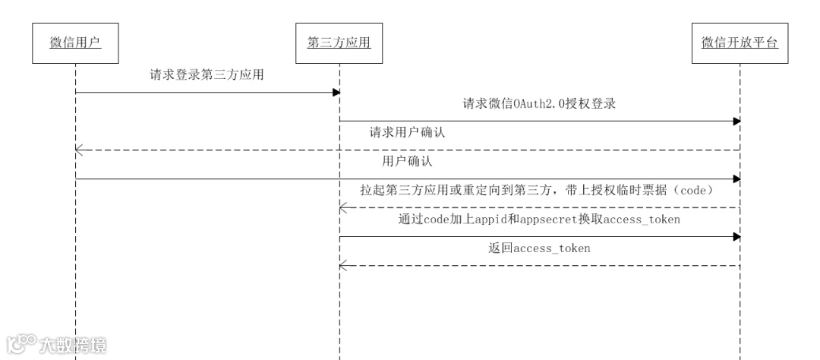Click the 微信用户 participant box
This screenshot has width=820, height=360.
click(76, 43)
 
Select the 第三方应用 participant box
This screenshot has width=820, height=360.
click(339, 43)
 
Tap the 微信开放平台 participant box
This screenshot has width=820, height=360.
click(740, 43)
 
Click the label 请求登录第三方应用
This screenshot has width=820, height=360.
click(207, 75)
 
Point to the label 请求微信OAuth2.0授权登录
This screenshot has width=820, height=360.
click(538, 104)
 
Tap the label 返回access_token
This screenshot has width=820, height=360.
click(539, 248)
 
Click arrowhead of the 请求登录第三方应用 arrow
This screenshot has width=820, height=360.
click(336, 93)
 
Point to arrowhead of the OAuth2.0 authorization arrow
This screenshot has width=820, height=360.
click(736, 122)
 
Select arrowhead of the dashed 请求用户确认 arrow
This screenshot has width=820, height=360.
click(79, 150)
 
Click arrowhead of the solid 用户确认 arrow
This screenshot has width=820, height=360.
click(736, 179)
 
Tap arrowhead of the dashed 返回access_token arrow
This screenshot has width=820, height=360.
click(343, 266)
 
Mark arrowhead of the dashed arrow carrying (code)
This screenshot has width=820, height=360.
click(343, 208)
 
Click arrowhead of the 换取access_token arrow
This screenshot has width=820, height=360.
click(736, 237)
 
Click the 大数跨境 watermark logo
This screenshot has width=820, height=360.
click(56, 345)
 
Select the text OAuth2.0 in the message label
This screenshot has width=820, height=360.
click(525, 104)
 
